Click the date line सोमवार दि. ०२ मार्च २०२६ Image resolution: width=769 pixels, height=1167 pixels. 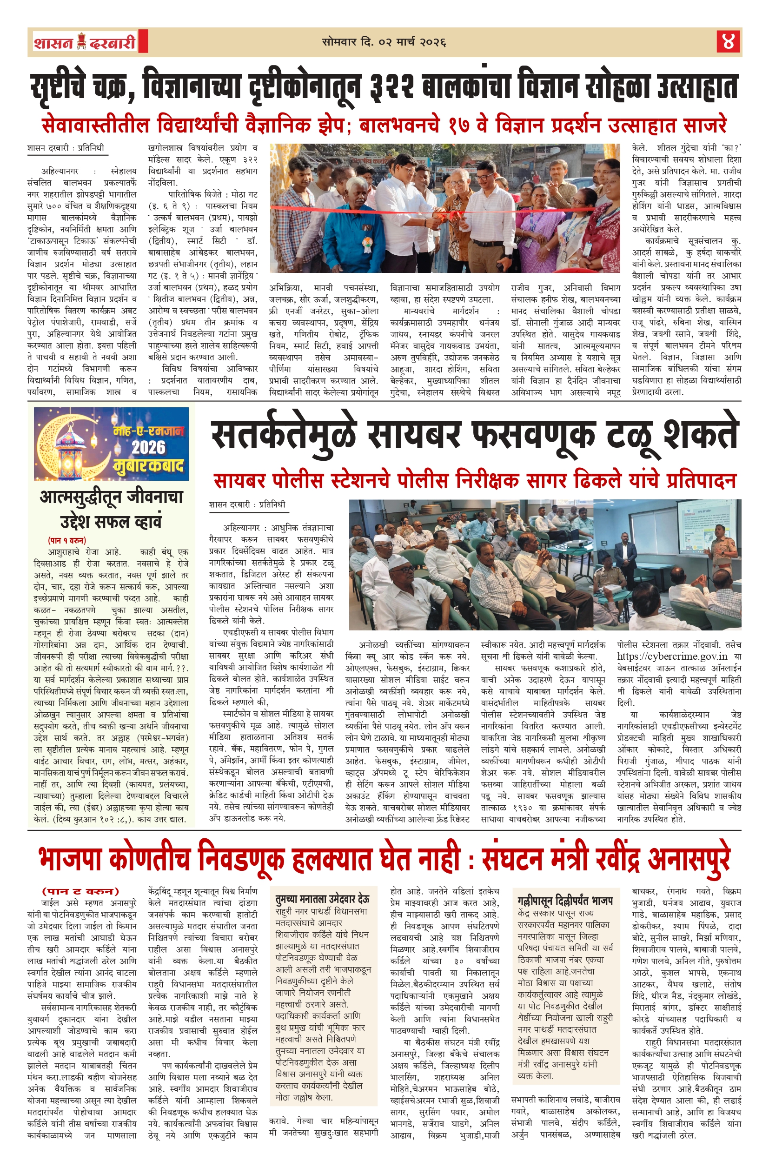click(384, 42)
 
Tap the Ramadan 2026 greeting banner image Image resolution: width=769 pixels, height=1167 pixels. click(111, 444)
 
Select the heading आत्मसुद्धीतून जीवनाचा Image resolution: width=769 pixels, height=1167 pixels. click(111, 497)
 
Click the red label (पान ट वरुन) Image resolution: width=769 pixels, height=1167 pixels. click(81, 891)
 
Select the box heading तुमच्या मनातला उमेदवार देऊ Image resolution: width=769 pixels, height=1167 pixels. click(322, 899)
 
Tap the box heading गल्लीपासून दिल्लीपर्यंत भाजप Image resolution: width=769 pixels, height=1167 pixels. click(565, 901)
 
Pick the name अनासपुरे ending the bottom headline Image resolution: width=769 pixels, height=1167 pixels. click(689, 859)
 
